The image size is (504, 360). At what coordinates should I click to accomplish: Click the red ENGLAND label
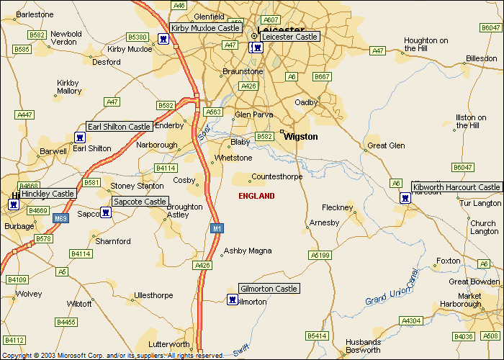256,196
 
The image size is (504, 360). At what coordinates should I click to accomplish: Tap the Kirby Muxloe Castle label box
205,28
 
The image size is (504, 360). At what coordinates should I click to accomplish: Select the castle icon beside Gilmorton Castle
232,300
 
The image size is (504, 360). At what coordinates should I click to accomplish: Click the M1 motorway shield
216,228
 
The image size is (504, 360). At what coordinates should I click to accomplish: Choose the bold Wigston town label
301,136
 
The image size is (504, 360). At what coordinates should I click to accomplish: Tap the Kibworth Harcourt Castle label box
456,187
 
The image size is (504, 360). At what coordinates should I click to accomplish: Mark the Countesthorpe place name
276,176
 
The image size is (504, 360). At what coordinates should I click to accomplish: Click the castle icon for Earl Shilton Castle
79,138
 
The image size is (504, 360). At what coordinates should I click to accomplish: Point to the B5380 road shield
137,37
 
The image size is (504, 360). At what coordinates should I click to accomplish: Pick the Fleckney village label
337,207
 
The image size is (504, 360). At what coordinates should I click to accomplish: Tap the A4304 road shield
411,320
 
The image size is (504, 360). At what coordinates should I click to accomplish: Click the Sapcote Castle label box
140,202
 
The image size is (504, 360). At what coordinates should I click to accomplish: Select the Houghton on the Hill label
426,45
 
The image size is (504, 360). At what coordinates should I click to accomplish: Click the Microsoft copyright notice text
112,355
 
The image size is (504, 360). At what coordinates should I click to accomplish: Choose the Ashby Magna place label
248,251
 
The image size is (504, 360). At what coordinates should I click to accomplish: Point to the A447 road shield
24,114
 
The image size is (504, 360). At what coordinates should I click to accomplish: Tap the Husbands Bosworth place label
363,346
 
